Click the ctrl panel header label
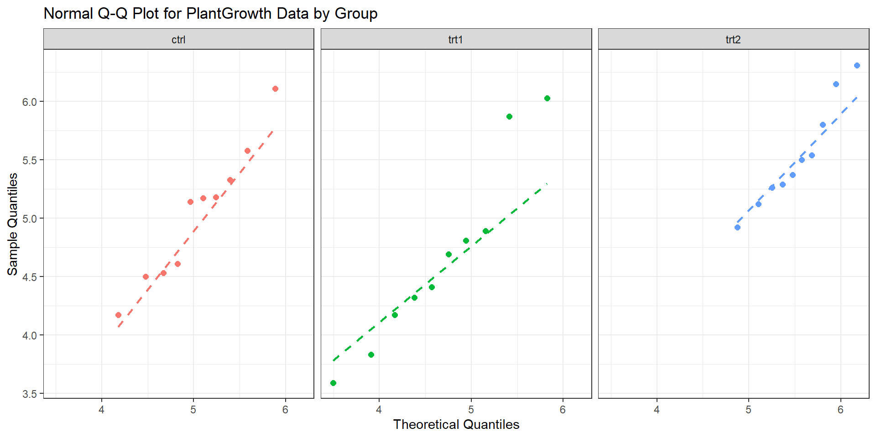coord(178,40)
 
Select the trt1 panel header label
coord(456,40)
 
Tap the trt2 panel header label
coord(733,40)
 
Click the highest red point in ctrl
coord(275,89)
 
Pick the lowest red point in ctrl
coord(118,315)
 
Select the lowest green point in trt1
coord(333,383)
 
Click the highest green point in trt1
coord(547,98)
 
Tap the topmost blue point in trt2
coord(857,65)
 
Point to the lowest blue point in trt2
coord(737,227)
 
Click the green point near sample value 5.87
coord(509,116)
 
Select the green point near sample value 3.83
coord(371,355)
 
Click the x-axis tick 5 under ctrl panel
coord(193,410)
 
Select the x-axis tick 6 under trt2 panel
coord(840,410)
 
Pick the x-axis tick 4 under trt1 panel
coord(379,410)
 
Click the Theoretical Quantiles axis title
coord(456,424)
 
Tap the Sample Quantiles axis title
coord(13,224)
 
